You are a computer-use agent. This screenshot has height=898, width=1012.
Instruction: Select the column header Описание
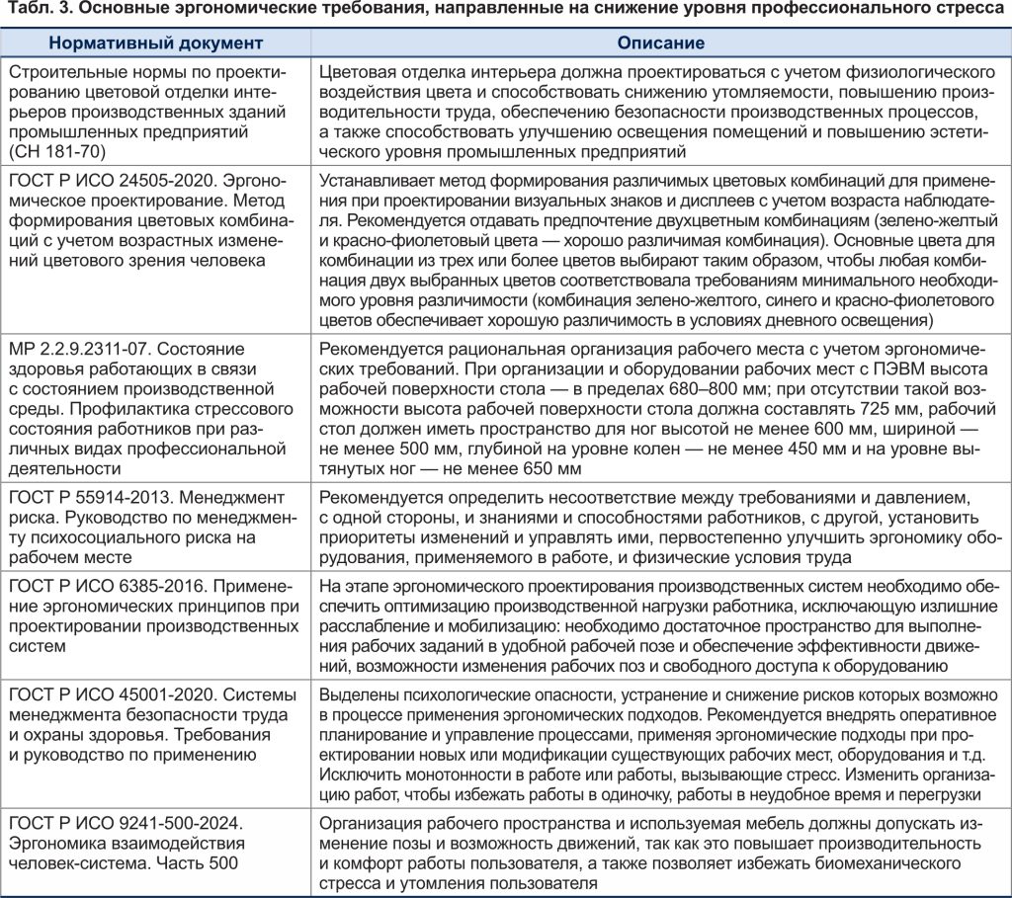coord(660,44)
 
